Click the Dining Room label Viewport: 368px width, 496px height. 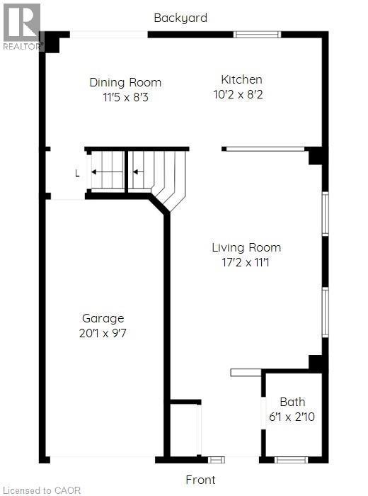(125, 82)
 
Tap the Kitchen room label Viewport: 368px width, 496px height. (241, 79)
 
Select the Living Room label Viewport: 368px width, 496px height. (246, 247)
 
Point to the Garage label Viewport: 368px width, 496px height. (103, 318)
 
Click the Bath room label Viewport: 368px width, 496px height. (292, 402)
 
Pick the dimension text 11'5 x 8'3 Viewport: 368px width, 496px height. (125, 96)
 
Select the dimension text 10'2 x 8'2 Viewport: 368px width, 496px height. (241, 94)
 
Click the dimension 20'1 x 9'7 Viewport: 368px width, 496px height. (103, 332)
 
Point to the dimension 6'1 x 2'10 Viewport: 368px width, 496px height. (292, 416)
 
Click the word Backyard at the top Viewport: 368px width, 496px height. (180, 18)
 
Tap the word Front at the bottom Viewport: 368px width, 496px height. (200, 480)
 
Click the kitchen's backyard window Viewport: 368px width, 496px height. (257, 34)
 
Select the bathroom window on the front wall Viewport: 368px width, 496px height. (290, 460)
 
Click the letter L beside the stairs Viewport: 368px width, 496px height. (77, 172)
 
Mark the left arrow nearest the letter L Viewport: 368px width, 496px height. (107, 171)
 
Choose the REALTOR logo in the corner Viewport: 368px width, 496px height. (21, 25)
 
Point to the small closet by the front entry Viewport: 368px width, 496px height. (185, 429)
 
